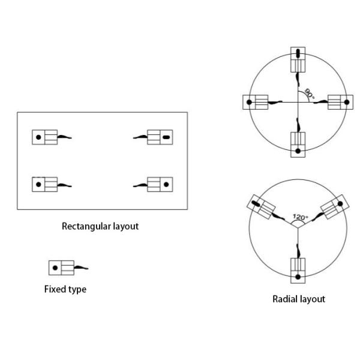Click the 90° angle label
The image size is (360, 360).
309,94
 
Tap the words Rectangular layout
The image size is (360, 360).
100,227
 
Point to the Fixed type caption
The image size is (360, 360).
65,289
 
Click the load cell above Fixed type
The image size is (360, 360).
61,268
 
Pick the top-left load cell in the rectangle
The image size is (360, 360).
44,137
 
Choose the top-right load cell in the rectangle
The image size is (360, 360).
160,137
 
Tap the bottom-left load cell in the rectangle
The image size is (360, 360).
44,184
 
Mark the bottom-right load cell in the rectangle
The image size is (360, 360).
160,184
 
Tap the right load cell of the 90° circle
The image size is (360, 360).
340,103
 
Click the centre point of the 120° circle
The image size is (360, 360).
298,229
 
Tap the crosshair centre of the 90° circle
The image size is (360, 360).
298,103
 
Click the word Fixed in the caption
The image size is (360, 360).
55,289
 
